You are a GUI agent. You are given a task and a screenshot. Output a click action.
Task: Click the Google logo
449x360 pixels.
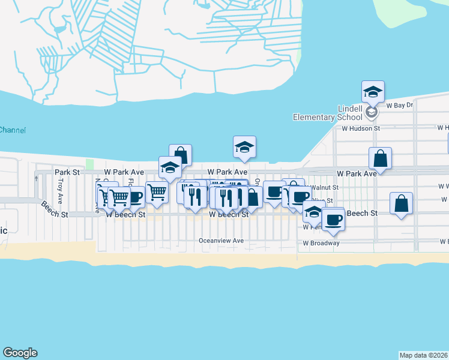(x=20, y=353)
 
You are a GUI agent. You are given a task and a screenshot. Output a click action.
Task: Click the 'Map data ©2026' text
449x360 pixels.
(x=423, y=355)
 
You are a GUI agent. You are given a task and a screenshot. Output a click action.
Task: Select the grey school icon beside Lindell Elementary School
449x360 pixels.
(x=372, y=112)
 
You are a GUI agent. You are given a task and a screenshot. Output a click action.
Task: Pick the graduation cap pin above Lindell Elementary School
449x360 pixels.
(x=373, y=92)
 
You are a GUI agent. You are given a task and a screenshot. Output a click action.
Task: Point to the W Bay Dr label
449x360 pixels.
(x=400, y=105)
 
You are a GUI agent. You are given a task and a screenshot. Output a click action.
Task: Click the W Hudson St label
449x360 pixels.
(x=361, y=128)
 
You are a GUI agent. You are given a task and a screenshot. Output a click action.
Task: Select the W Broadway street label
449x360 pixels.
(x=321, y=243)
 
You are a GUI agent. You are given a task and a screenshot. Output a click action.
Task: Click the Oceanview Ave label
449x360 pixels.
(x=221, y=241)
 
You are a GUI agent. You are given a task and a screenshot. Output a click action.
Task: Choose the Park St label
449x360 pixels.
(x=67, y=172)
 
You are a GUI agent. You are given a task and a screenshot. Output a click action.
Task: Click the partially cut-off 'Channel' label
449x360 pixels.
(x=12, y=130)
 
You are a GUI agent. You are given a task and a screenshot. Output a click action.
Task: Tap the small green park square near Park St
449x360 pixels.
(x=90, y=164)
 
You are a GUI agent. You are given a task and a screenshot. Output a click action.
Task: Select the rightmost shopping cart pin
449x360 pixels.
(x=157, y=193)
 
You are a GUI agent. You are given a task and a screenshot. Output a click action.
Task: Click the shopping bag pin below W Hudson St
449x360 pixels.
(x=380, y=158)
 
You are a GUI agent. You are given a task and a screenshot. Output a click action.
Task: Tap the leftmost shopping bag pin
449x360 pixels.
(x=180, y=155)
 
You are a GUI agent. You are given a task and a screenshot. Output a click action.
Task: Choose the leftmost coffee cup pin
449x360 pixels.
(x=135, y=197)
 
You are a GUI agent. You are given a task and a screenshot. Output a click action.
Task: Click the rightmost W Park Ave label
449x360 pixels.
(x=357, y=173)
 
